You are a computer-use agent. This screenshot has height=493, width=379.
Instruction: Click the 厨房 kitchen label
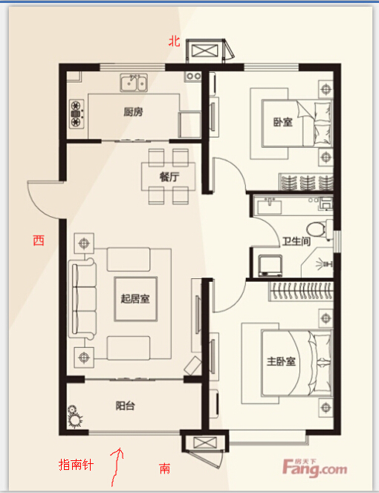[x=133, y=112]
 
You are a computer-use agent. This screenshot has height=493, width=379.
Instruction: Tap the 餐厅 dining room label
[x=169, y=177]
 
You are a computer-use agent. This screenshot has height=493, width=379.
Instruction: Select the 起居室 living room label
[x=135, y=298]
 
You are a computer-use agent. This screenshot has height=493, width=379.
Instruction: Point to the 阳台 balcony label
[x=125, y=405]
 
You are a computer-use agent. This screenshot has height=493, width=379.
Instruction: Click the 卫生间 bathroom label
[x=297, y=242]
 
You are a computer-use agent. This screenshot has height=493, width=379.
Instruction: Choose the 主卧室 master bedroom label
[x=281, y=361]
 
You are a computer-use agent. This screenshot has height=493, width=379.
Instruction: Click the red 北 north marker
[x=175, y=41]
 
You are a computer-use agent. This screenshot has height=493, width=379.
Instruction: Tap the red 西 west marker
[x=39, y=240]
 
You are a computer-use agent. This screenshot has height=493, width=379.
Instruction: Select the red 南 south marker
[x=165, y=468]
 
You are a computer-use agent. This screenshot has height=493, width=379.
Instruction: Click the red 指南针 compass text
[x=76, y=465]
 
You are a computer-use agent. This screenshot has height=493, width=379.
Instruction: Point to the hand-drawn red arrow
[x=117, y=468]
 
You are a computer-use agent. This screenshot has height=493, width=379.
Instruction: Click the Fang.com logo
[x=314, y=468]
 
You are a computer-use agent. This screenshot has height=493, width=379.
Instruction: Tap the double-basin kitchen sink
[x=134, y=83]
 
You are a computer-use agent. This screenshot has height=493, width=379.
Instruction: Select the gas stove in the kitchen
[x=77, y=114]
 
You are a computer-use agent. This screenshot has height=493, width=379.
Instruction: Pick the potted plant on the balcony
[x=75, y=416]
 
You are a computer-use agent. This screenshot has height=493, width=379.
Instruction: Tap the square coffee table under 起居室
[x=135, y=299]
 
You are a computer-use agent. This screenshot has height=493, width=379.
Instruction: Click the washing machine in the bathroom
[x=270, y=265]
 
